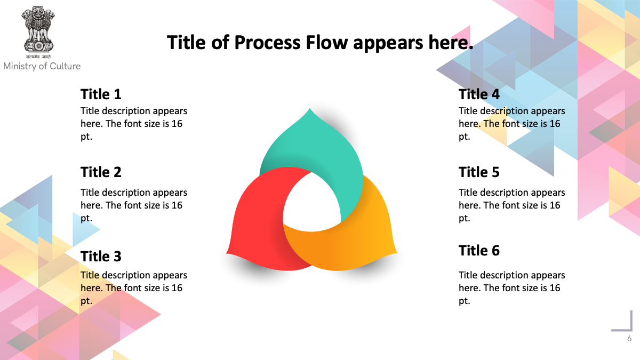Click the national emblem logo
[x=38, y=33]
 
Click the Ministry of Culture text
[x=42, y=66]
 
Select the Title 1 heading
[x=101, y=94]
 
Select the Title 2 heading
[x=101, y=172]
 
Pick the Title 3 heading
[x=101, y=256]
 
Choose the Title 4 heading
[x=479, y=94]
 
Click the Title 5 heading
[x=479, y=172]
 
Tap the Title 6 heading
[x=479, y=250]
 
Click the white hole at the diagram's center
[x=311, y=203]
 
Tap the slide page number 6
[x=629, y=339]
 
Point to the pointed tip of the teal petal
[x=310, y=108]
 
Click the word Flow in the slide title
[x=327, y=43]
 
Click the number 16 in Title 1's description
[x=177, y=124]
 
